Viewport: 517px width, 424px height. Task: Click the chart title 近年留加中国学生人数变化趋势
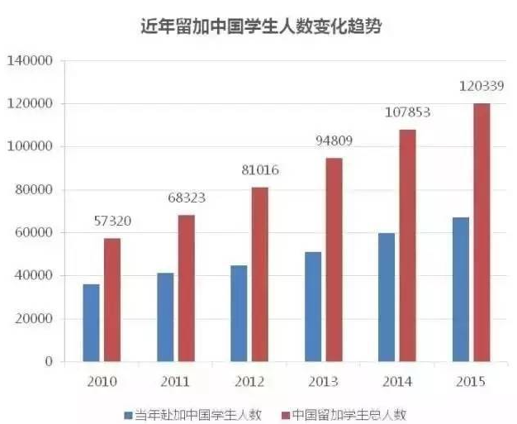point(258,26)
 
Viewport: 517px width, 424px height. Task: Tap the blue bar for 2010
point(91,323)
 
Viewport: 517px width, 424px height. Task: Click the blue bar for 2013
point(313,307)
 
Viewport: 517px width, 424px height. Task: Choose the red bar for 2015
point(481,232)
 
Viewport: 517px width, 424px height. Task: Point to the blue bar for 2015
point(460,289)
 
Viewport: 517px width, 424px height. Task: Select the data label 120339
point(481,84)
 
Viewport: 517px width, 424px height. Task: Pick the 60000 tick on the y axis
point(34,233)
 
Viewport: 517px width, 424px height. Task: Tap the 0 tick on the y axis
point(49,362)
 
